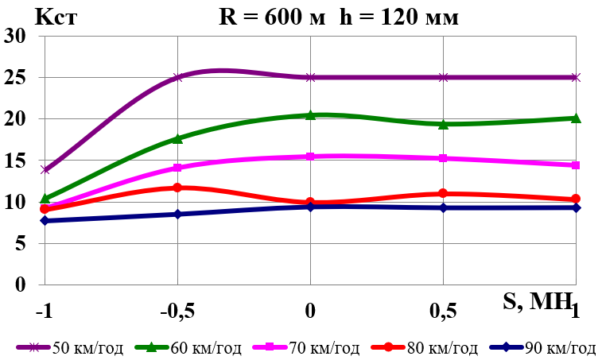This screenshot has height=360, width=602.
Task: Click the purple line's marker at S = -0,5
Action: [178, 78]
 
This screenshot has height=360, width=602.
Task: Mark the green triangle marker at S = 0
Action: [310, 115]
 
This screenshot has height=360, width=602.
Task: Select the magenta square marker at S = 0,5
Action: [443, 158]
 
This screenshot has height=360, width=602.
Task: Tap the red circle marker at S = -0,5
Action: [178, 188]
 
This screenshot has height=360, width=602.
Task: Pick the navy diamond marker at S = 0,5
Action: [443, 207]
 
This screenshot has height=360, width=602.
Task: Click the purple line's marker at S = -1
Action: [45, 169]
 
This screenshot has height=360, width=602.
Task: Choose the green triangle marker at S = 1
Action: [576, 118]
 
